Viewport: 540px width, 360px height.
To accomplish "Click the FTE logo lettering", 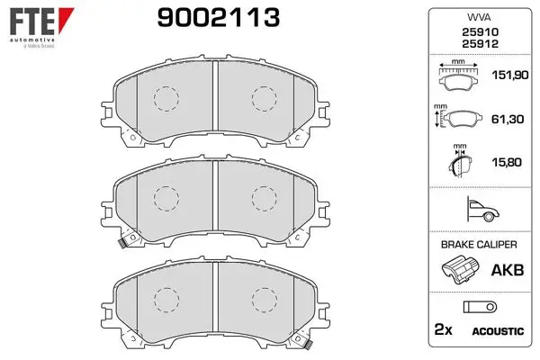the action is click(31, 21).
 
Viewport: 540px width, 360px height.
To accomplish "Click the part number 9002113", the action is click(219, 18).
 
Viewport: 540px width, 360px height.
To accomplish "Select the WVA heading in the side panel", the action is click(479, 17).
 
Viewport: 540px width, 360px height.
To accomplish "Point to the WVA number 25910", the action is click(480, 32).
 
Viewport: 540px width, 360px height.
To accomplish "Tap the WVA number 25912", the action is click(480, 44).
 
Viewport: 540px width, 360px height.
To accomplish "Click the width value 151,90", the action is click(509, 75).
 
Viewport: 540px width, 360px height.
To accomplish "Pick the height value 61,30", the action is click(508, 119).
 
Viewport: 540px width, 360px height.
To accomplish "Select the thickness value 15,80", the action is click(507, 162).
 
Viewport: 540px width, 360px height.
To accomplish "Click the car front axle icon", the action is click(482, 209).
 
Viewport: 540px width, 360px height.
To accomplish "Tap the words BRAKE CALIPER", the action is click(479, 245).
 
